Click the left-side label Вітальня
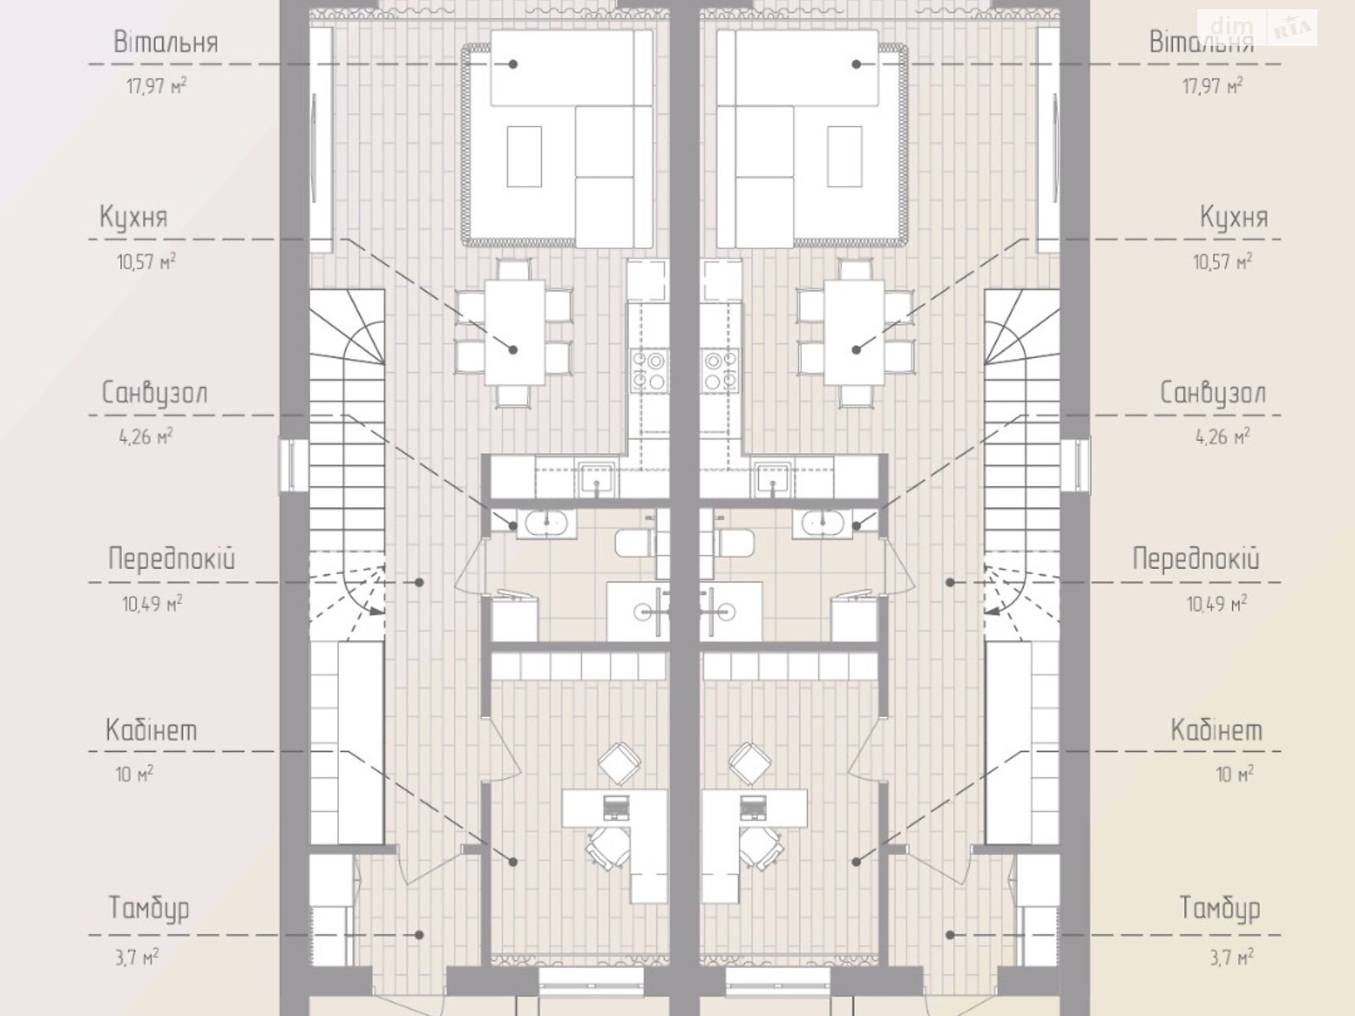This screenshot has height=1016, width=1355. pos(166,42)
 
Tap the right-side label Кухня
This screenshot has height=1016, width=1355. pos(1234,217)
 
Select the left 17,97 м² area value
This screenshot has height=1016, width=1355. pos(157,86)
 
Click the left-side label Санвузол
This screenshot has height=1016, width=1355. pos(155,394)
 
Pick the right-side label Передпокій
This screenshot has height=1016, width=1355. pos(1196,560)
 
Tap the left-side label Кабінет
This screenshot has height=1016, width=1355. pos(152,731)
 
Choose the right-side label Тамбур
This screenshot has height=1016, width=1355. pos(1219,908)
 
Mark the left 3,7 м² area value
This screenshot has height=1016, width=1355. pos(136,958)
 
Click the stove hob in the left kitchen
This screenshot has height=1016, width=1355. pos(650,370)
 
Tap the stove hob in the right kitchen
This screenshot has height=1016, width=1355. pos(720,370)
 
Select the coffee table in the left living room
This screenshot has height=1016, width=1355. pos(524,156)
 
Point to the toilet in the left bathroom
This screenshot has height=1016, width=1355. pos(635,542)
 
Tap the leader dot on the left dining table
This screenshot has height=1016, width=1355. pos(513,350)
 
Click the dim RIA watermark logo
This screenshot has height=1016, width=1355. pos(1258,28)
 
